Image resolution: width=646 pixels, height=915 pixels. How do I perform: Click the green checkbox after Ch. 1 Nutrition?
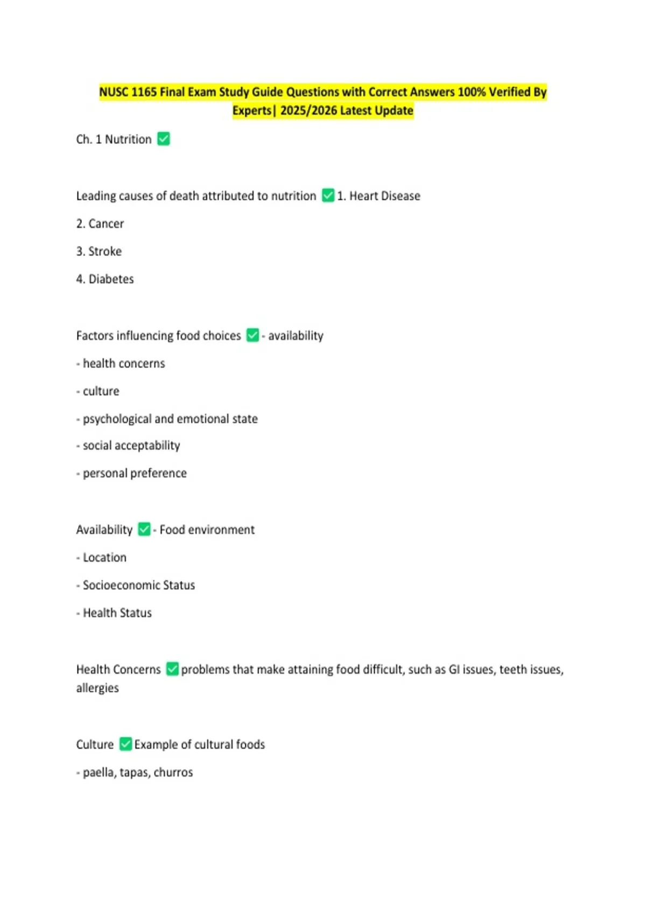164,139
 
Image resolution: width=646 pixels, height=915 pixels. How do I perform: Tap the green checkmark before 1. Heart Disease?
328,195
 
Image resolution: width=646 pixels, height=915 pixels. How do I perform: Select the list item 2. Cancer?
100,224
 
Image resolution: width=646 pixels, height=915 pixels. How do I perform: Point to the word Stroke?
105,251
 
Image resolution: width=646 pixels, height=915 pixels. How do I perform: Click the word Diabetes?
111,279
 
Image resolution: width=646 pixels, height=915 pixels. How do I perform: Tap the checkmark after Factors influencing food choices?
252,335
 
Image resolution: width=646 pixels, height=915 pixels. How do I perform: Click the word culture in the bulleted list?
101,391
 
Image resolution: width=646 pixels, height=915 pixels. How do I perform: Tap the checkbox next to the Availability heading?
144,529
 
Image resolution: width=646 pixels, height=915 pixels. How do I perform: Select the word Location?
104,558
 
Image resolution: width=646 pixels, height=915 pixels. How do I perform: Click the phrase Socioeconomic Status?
139,585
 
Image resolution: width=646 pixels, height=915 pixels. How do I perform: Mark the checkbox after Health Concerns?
172,669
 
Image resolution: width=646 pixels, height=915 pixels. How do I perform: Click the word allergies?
97,688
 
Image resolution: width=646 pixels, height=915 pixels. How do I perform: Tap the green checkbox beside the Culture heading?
125,744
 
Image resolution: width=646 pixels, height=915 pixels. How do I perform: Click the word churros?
173,772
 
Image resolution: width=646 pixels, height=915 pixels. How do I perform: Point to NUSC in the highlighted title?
114,92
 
